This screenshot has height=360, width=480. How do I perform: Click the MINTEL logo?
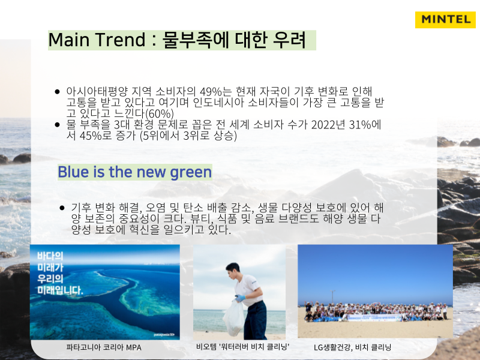coord(445,20)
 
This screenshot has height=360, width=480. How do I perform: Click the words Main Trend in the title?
coord(97,40)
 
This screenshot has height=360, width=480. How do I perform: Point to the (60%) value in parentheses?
coord(159,113)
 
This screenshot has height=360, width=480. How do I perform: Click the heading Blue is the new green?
coord(134,172)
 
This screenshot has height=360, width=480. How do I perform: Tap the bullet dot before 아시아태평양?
coord(57,92)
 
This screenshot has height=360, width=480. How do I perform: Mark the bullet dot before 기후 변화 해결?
coord(62,208)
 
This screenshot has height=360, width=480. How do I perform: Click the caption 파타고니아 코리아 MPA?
coord(104,347)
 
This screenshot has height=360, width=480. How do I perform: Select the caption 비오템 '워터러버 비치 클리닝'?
coord(243,347)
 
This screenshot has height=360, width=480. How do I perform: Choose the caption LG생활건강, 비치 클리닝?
coord(352,347)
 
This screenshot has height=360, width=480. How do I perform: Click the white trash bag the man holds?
coord(234,319)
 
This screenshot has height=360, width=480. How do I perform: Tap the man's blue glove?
coord(241,298)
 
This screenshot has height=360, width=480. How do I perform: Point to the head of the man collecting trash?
coord(232,269)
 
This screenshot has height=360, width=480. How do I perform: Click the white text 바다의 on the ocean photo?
coord(50,256)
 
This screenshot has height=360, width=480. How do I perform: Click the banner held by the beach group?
coord(374,317)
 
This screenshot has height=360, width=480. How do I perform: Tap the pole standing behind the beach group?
coord(333,297)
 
